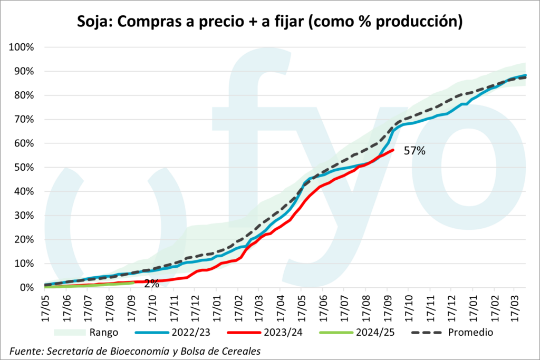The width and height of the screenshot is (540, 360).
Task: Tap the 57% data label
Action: coord(414,151)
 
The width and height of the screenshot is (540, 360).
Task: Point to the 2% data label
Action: coord(151,284)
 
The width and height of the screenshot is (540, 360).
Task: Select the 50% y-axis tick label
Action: coord(24,168)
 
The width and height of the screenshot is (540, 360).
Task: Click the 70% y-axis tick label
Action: coord(24,120)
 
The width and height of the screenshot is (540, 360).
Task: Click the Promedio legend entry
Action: coord(469,333)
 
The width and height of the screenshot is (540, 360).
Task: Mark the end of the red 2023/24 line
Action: coord(392,150)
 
